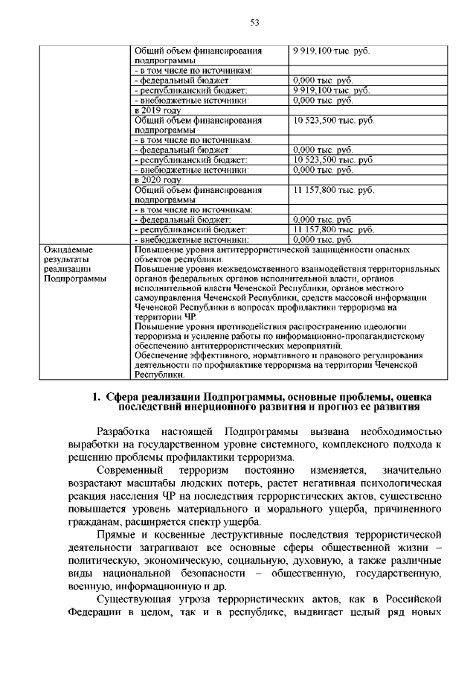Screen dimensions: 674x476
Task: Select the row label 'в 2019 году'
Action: click(x=157, y=110)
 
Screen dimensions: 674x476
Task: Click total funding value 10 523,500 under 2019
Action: click(x=333, y=120)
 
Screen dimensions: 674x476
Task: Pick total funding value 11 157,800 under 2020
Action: click(x=333, y=190)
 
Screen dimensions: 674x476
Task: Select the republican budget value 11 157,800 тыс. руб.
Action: click(x=332, y=230)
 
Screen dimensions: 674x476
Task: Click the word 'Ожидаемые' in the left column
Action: click(x=68, y=249)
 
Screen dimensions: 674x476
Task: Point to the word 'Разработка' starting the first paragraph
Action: click(x=126, y=431)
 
